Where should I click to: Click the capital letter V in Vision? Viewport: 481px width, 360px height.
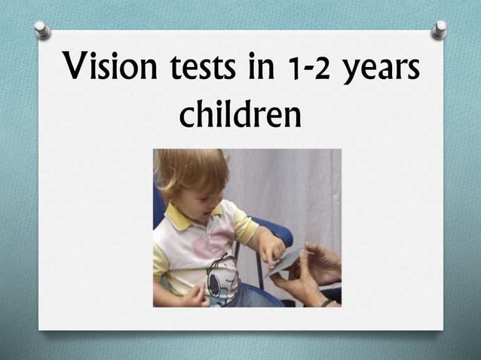click(x=78, y=74)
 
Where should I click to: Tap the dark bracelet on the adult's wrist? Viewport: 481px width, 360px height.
click(x=327, y=302)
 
